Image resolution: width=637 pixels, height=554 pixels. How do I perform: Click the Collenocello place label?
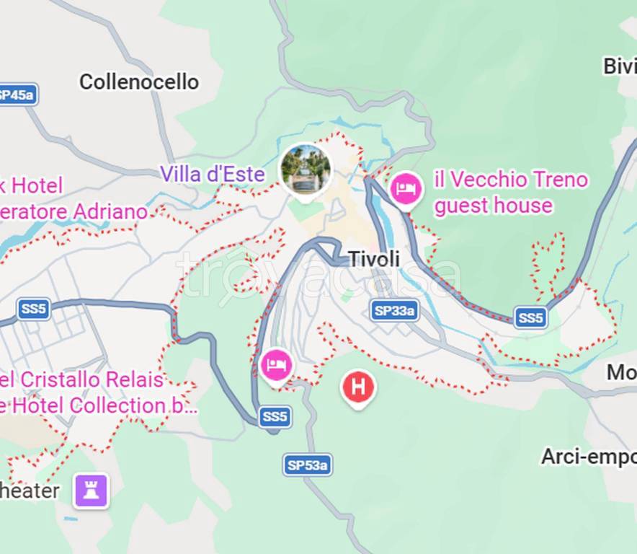(138, 82)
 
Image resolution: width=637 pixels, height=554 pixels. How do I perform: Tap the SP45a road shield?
(16, 94)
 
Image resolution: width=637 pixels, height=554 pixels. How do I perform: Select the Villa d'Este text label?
(212, 174)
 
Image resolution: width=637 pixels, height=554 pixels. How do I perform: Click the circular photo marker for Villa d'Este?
(306, 169)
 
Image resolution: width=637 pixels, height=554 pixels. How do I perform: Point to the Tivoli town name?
(373, 260)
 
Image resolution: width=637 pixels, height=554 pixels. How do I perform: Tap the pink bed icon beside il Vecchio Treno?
(405, 189)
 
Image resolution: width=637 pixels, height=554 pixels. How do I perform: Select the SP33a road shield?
(394, 311)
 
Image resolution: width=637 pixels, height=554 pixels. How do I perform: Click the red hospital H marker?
(358, 387)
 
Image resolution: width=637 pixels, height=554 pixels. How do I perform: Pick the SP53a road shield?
(307, 465)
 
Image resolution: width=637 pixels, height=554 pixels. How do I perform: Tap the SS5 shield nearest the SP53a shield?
(275, 416)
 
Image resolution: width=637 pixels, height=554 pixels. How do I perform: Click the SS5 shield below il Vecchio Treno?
(530, 317)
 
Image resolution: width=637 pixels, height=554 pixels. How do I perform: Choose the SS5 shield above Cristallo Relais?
(33, 309)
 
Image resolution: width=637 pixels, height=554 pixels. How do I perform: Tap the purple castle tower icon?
(92, 491)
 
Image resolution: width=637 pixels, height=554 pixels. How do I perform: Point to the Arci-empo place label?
(588, 457)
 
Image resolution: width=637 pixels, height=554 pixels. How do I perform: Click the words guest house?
(493, 206)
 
